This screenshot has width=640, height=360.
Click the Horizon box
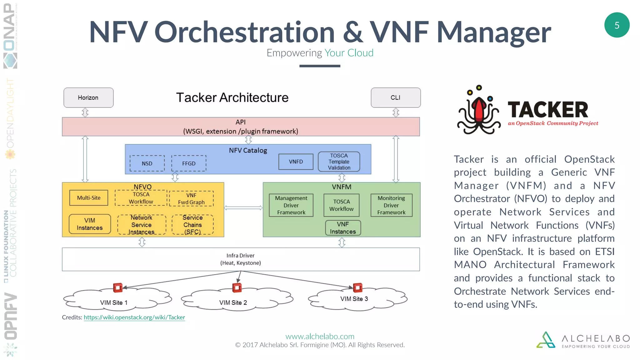tap(88, 97)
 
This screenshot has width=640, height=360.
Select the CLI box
tap(396, 97)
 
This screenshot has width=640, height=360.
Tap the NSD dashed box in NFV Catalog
tap(147, 163)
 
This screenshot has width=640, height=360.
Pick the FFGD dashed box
tap(189, 163)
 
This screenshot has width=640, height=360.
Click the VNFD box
tap(296, 162)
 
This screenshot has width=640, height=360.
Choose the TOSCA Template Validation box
tap(339, 162)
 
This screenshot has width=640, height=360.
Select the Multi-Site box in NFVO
tap(89, 198)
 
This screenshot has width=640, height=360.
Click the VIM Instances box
tap(90, 224)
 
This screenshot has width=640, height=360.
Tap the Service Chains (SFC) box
tap(192, 225)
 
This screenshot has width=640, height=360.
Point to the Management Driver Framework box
tap(291, 205)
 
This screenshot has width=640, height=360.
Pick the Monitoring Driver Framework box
tap(391, 205)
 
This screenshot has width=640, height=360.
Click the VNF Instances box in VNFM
tap(343, 228)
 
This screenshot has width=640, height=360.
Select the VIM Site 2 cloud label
tap(233, 302)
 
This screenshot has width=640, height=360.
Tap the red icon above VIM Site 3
tap(357, 287)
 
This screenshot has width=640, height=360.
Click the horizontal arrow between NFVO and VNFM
tap(243, 208)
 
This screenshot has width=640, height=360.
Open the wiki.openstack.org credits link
tap(134, 317)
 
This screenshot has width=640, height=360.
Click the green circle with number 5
tap(617, 25)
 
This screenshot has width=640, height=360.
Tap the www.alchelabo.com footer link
tap(320, 336)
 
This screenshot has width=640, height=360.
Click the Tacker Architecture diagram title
tap(232, 97)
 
